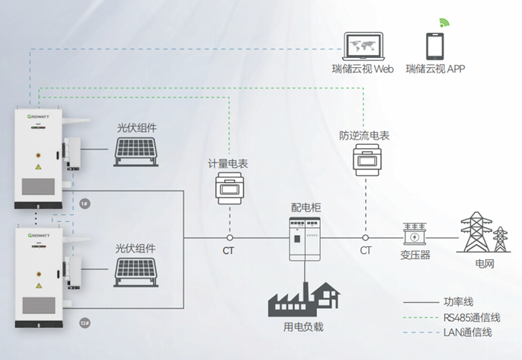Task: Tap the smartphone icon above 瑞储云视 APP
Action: click(x=435, y=46)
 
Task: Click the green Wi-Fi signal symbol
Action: click(x=444, y=23)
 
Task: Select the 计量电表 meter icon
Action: click(x=229, y=188)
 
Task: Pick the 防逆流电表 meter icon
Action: click(x=367, y=160)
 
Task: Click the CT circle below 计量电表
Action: click(x=229, y=238)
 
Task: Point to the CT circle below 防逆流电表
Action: click(x=365, y=238)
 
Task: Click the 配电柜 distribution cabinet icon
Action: click(x=305, y=238)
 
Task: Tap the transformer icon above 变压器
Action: click(x=415, y=234)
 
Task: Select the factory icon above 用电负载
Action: click(x=304, y=299)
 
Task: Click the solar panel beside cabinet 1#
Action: click(x=136, y=152)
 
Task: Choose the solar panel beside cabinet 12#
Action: click(x=136, y=272)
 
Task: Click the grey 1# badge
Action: click(x=85, y=204)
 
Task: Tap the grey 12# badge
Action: click(x=85, y=323)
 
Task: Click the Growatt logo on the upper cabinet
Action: click(x=38, y=117)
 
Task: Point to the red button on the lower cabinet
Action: click(x=39, y=274)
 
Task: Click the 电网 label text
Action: click(x=485, y=264)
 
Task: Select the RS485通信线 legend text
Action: click(x=472, y=317)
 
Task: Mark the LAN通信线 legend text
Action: click(x=467, y=333)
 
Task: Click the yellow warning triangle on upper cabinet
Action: click(x=38, y=167)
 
